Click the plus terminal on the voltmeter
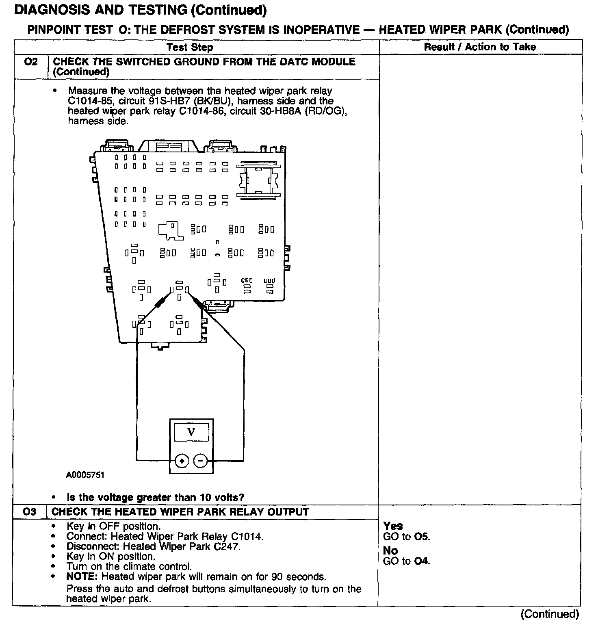[182, 461]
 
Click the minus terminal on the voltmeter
[200, 461]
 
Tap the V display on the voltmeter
[191, 432]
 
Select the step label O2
[30, 62]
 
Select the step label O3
[30, 512]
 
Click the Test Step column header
[190, 48]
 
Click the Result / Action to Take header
[480, 47]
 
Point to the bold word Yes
[393, 526]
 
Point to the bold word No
[390, 551]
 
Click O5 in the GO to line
[422, 537]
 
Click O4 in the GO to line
[422, 561]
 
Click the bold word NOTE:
[82, 576]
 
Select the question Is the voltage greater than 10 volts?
[156, 497]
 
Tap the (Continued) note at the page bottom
[550, 614]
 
